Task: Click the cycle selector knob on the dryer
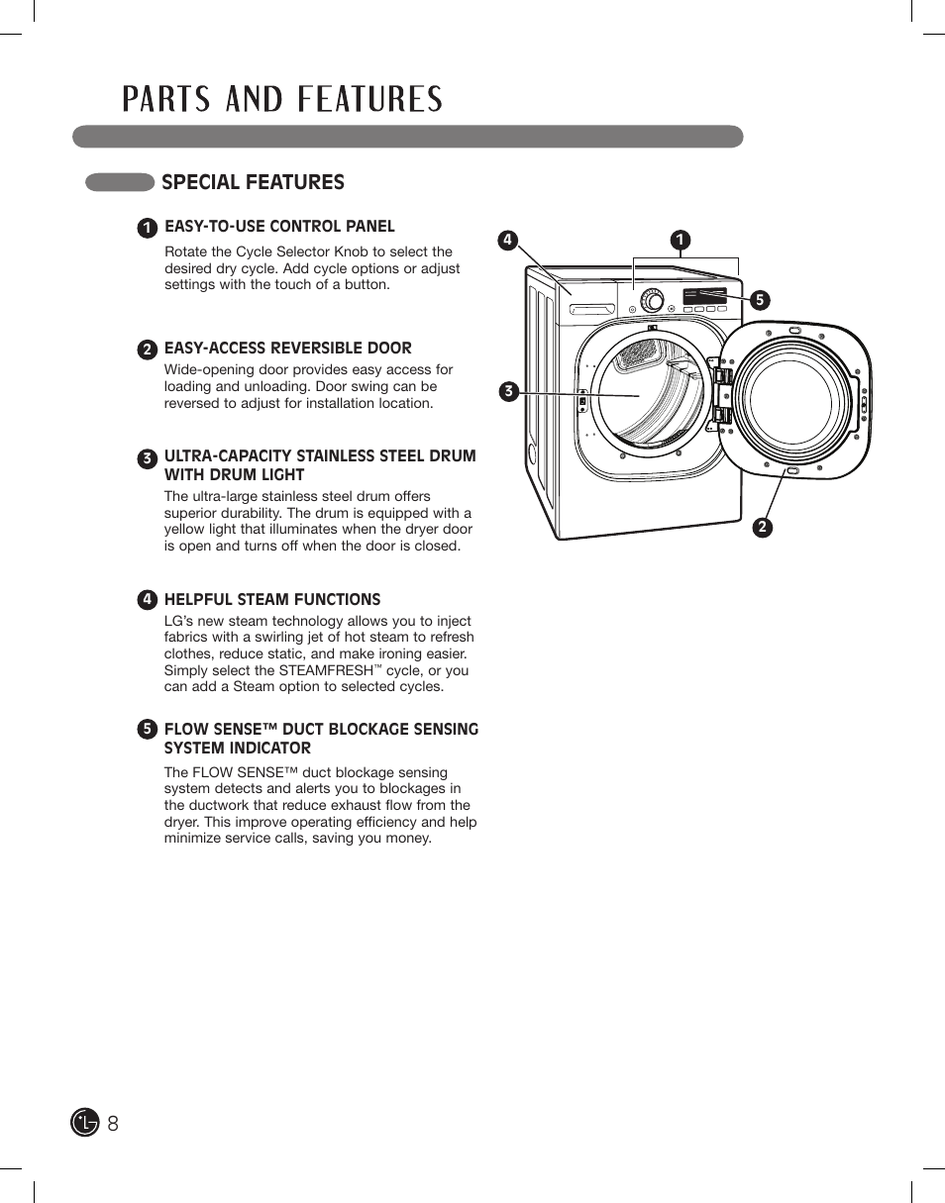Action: coord(652,299)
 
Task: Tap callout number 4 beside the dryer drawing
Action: coord(507,240)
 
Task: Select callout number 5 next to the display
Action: coord(759,300)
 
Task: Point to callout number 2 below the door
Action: coord(762,528)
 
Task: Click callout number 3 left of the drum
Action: coord(508,391)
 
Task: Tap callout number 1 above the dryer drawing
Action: coord(681,240)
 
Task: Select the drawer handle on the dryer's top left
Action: coord(591,310)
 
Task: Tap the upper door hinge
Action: coord(722,376)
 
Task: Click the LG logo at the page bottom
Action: coord(85,1122)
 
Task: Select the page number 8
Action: coord(113,1123)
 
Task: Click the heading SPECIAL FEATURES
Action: coord(253,182)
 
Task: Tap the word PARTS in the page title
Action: coord(165,100)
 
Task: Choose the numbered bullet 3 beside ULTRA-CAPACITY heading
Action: coord(147,458)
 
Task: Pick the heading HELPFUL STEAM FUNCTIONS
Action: coord(272,599)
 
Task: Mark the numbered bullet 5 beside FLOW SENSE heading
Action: coord(147,730)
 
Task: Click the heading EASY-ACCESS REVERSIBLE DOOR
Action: coord(287,348)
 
